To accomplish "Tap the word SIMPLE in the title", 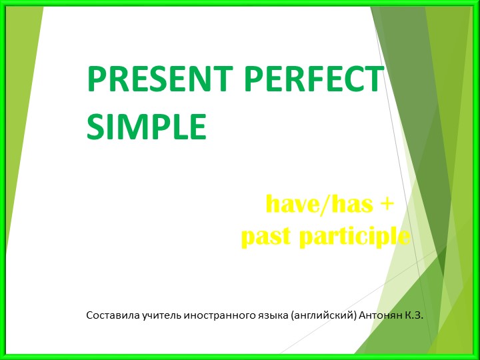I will [x=147, y=127].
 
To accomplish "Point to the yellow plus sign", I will [x=386, y=203].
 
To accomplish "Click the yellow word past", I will [x=267, y=236].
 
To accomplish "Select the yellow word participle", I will [x=353, y=237].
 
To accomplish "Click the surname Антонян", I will [x=380, y=313].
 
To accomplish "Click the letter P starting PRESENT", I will [x=95, y=81].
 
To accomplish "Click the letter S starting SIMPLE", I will [x=95, y=127].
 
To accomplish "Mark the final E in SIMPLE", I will [x=198, y=127].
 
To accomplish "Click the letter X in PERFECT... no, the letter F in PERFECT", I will [x=319, y=81].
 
